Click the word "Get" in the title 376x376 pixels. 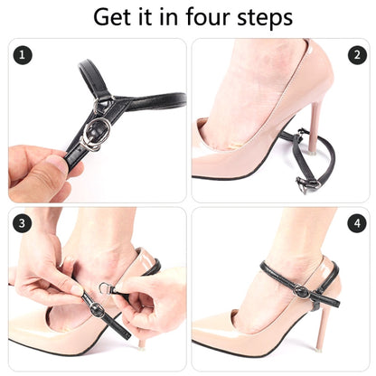(x=111, y=17)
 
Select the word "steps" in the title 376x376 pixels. (x=265, y=18)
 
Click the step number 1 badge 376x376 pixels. (x=23, y=55)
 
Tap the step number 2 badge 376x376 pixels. (x=357, y=55)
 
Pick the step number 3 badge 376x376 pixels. (x=23, y=223)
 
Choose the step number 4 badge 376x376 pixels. (x=357, y=223)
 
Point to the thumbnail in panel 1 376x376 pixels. (x=57, y=165)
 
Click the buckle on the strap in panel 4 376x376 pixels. (x=301, y=291)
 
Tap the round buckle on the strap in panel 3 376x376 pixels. (x=98, y=310)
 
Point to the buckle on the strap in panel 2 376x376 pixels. (x=308, y=183)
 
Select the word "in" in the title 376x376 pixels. (x=170, y=17)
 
